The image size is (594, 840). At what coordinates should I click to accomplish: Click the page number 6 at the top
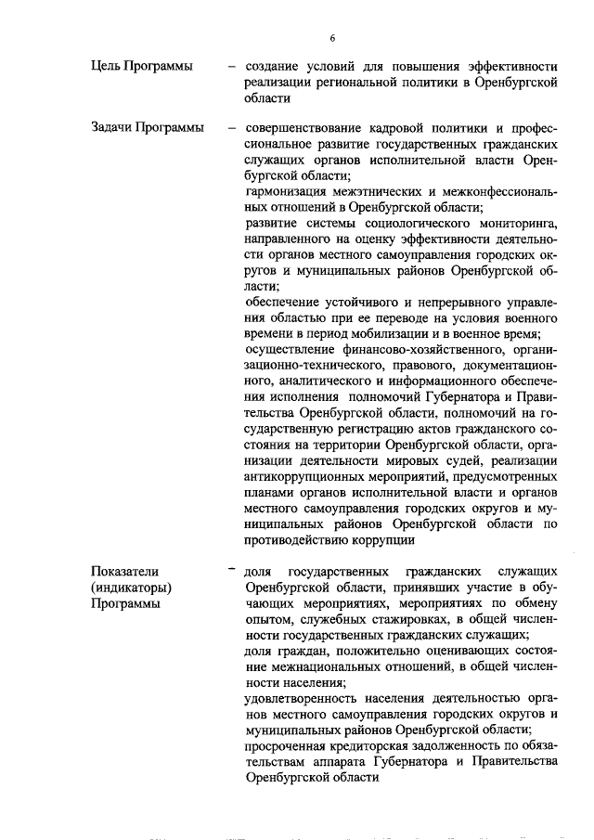pos(330,38)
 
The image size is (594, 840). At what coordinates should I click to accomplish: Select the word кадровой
pos(400,126)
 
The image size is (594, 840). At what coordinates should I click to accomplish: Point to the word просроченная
pos(288,745)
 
